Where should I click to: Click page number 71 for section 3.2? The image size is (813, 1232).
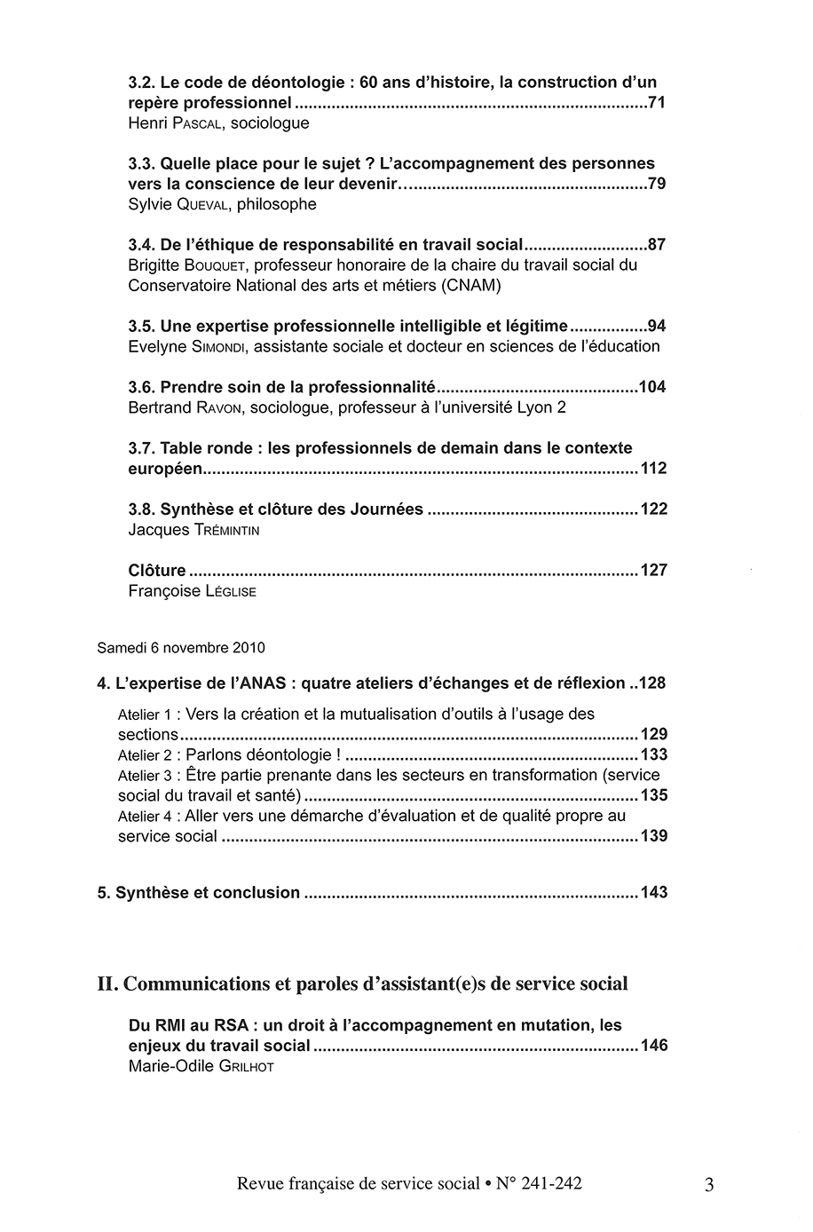pos(657,103)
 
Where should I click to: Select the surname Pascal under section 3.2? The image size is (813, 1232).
pos(189,123)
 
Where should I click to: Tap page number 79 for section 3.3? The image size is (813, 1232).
pos(657,184)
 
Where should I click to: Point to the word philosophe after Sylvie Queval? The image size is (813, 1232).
pos(272,204)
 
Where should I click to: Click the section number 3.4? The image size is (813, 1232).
pos(142,245)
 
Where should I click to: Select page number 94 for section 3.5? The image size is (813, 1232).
pos(657,326)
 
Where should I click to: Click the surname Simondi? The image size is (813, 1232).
pos(214,346)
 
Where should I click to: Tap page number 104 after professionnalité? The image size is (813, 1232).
pos(652,387)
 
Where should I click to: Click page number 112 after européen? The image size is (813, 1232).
pos(652,469)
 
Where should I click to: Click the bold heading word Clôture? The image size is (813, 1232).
pos(157,570)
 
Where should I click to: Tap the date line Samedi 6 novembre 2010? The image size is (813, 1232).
pos(181,648)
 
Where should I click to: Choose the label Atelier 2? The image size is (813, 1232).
pos(145,755)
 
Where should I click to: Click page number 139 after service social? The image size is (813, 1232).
pos(653,836)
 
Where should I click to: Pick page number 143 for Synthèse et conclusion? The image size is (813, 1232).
pos(653,892)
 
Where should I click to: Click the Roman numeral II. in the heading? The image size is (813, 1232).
pos(107,983)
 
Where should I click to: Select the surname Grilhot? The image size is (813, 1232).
pos(244,1066)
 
